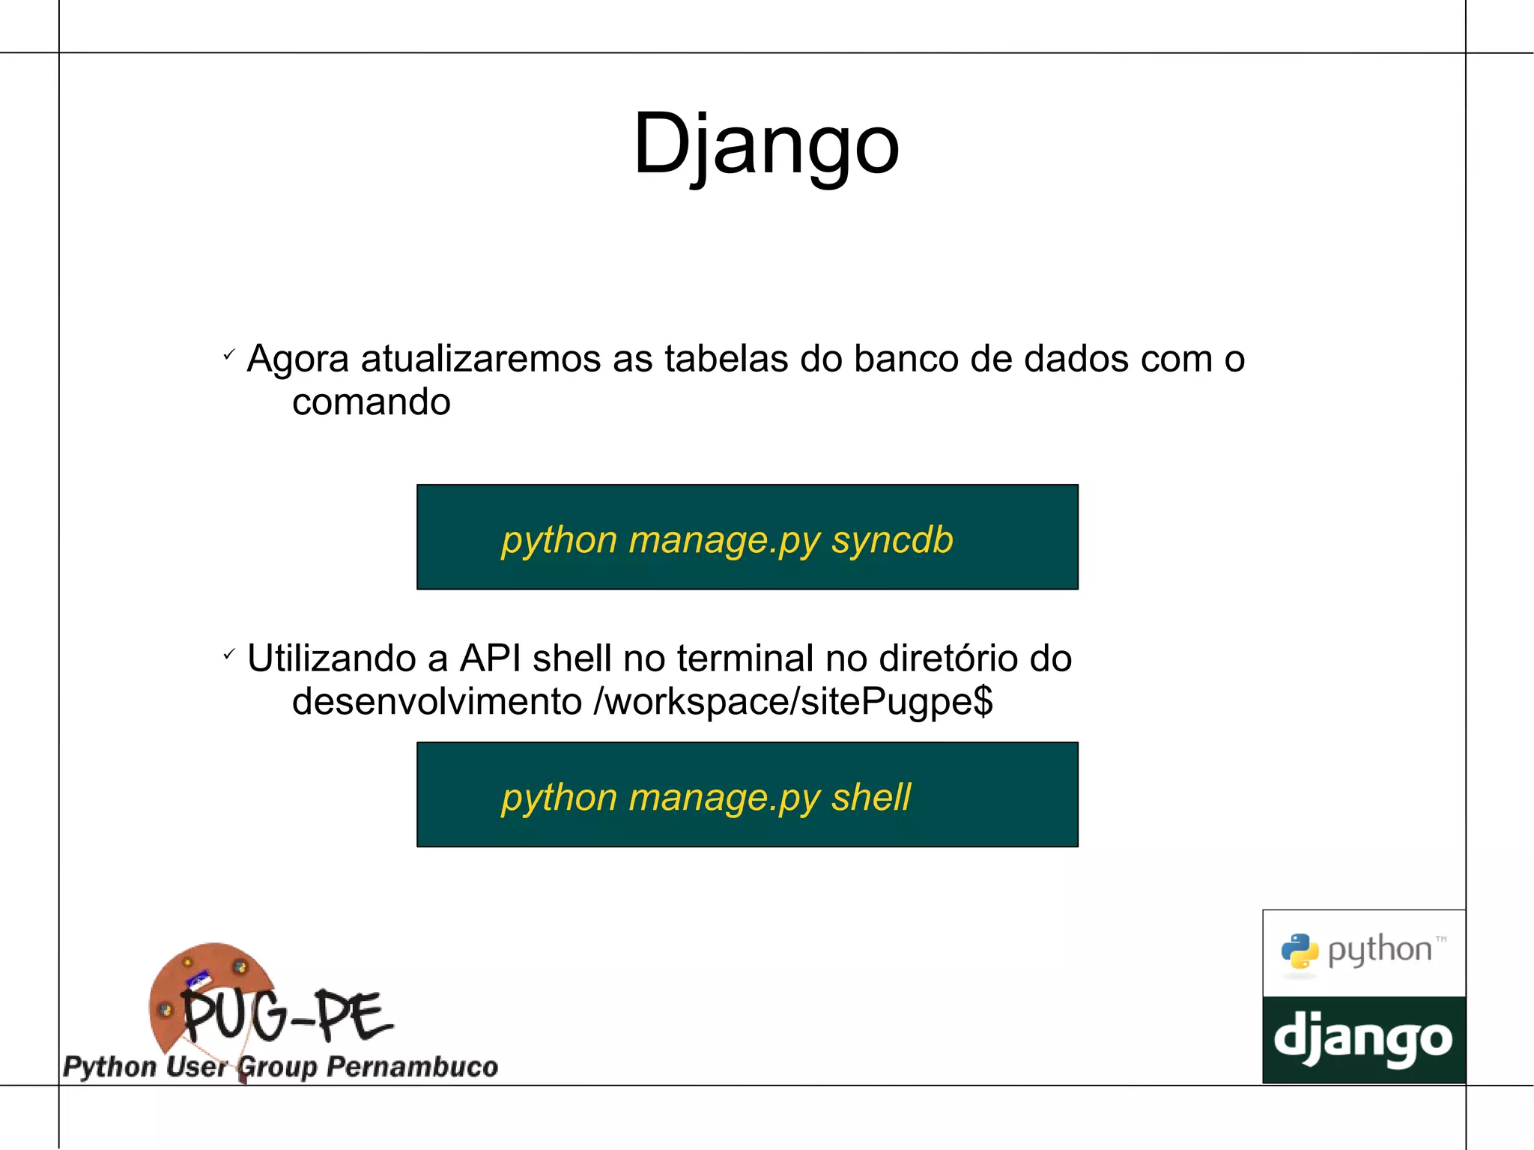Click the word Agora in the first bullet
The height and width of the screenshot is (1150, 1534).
297,359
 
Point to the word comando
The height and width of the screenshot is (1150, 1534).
371,402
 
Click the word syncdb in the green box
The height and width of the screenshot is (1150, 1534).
891,539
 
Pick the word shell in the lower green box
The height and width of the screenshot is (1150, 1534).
870,796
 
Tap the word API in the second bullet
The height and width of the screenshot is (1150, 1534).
490,659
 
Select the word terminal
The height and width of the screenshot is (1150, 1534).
745,659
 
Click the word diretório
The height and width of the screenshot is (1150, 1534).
948,659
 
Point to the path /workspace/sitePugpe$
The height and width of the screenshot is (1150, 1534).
792,702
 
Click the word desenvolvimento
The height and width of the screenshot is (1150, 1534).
437,702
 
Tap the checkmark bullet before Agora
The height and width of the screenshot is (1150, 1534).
229,354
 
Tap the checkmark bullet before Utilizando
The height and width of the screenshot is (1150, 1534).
229,654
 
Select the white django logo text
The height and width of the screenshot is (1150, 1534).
1363,1039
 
